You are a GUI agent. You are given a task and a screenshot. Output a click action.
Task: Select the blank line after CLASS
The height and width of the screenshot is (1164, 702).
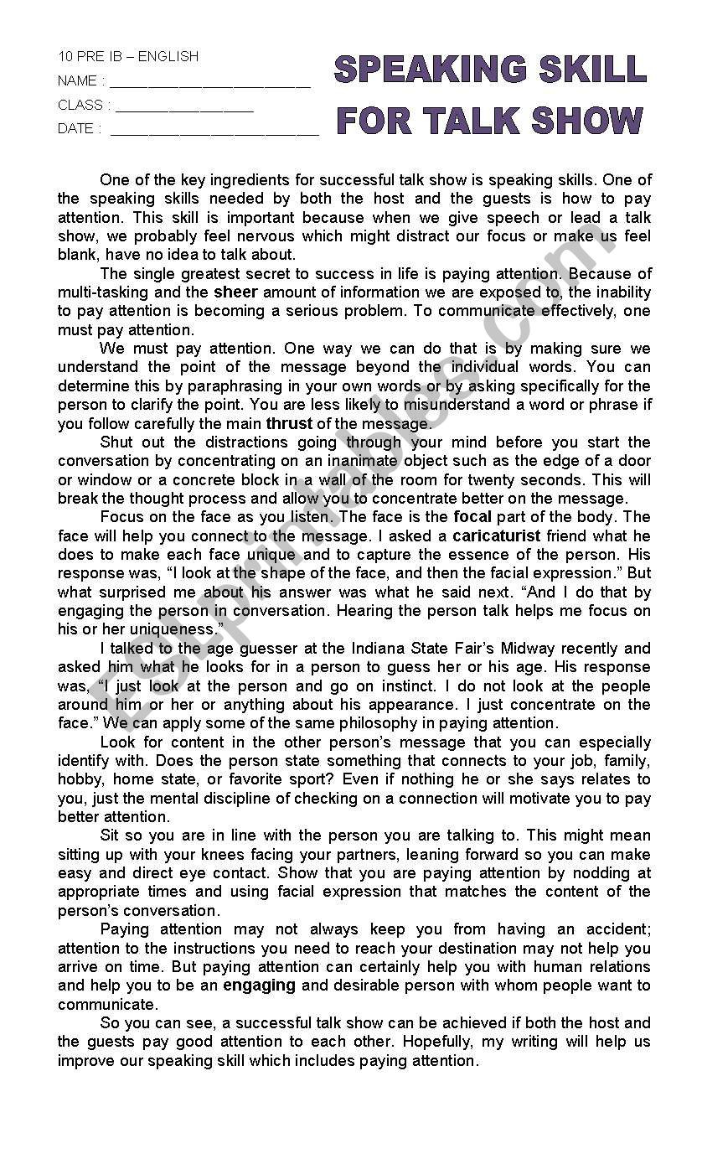184,108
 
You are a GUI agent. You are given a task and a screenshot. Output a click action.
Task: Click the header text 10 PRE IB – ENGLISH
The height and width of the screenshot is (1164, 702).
128,56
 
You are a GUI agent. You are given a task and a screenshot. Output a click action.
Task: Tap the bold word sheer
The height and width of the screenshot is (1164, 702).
235,292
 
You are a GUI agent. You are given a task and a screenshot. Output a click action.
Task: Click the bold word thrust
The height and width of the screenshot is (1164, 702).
289,424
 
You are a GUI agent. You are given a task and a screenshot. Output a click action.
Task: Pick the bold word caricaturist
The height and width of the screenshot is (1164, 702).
497,535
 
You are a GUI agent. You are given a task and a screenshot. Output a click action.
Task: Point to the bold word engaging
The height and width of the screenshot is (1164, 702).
259,986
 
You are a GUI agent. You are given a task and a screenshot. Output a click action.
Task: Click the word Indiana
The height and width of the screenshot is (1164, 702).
349,649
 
